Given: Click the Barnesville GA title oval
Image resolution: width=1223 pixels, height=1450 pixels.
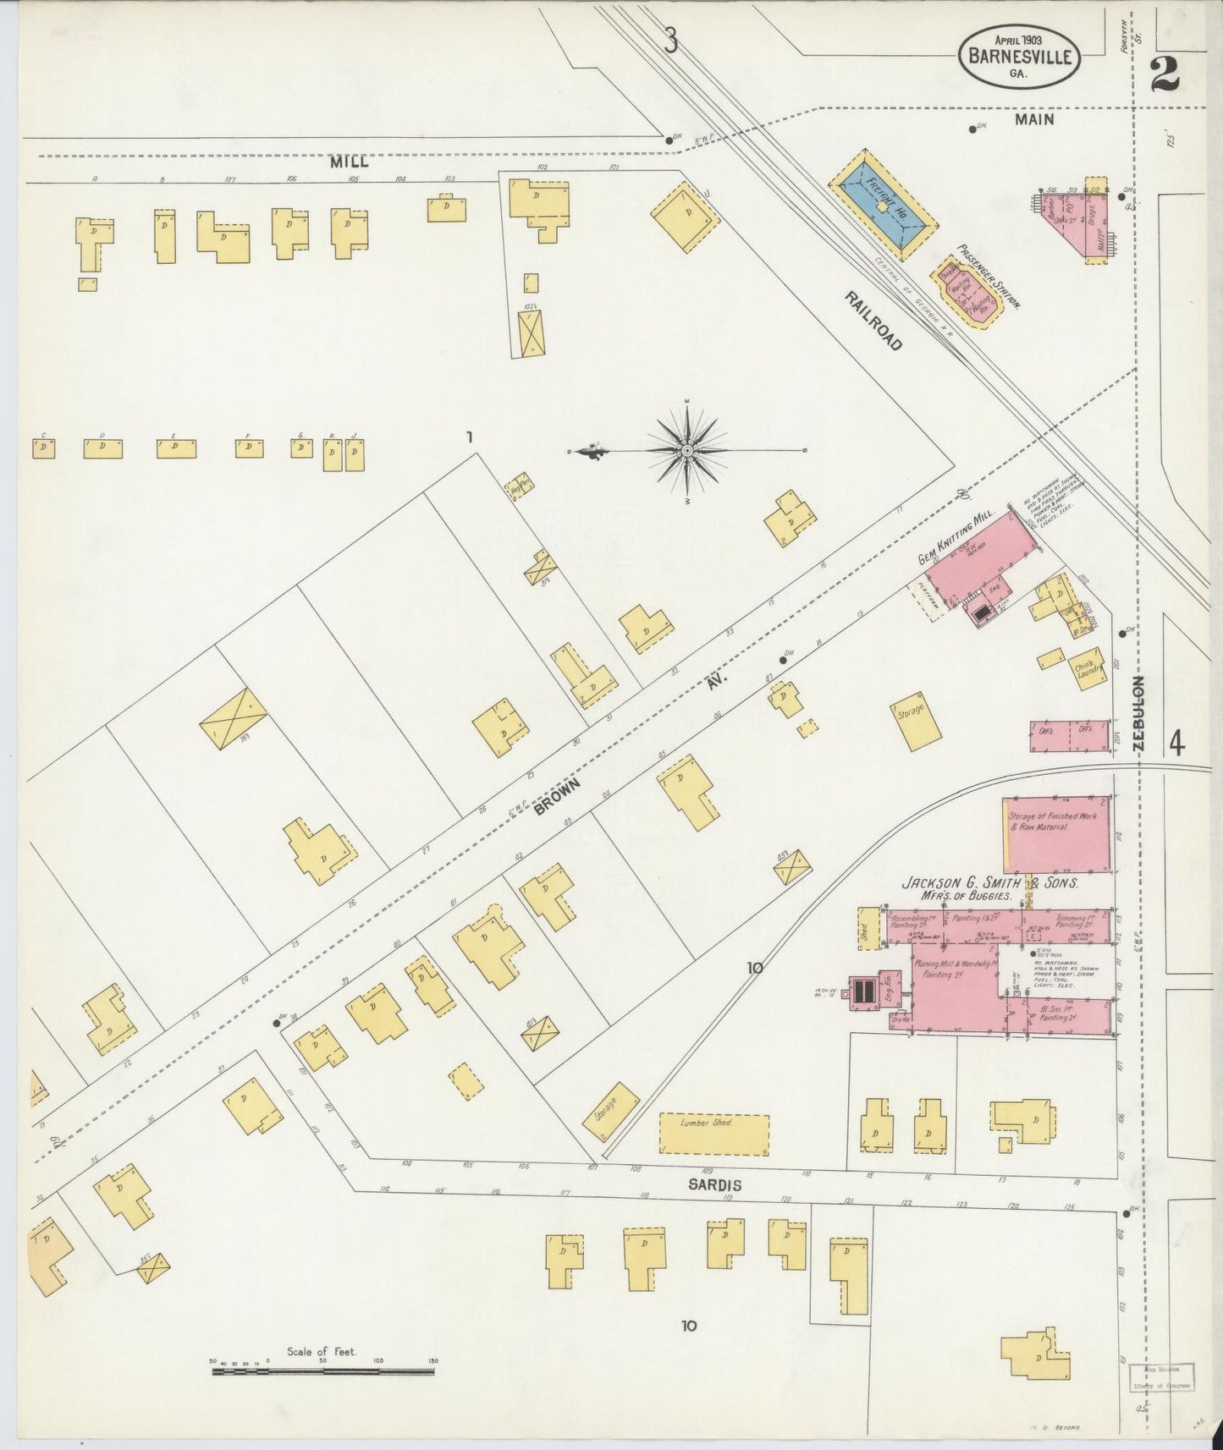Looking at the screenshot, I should click(x=1018, y=56).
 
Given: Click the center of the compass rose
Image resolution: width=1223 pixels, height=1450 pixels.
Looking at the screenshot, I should click(x=687, y=451).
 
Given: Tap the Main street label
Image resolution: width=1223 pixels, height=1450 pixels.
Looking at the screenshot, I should click(x=1034, y=120).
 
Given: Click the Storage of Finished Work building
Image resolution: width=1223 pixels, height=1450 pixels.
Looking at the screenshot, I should click(x=1055, y=833).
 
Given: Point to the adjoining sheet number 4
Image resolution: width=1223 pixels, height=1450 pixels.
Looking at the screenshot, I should click(x=1176, y=744).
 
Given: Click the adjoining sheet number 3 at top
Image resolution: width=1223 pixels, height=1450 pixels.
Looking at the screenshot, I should click(x=671, y=41).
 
